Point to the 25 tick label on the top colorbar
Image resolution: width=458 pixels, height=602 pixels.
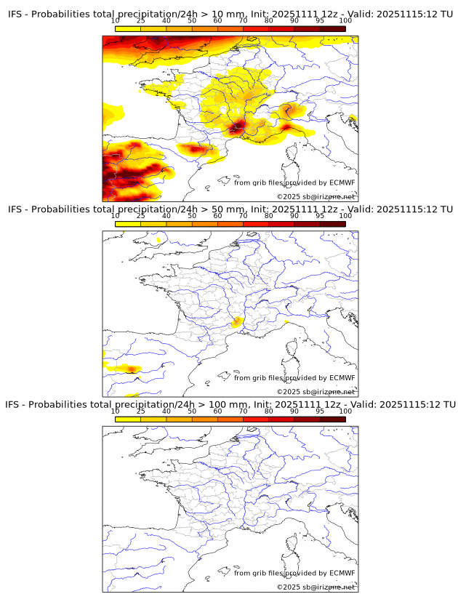tap(140, 21)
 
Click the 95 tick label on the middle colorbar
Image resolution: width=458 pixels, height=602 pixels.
tap(320, 216)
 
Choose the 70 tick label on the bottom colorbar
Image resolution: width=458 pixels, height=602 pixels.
tap(243, 411)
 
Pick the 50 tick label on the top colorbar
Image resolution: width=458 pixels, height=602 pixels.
tap(192, 21)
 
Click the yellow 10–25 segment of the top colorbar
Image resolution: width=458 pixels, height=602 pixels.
tap(127, 28)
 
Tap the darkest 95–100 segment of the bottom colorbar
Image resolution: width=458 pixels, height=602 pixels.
tap(332, 419)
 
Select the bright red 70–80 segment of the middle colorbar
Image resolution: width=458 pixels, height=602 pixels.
tap(255, 224)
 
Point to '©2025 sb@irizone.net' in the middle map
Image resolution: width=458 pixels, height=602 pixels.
tap(316, 392)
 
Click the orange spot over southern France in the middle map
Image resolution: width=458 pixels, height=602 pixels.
tap(237, 322)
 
